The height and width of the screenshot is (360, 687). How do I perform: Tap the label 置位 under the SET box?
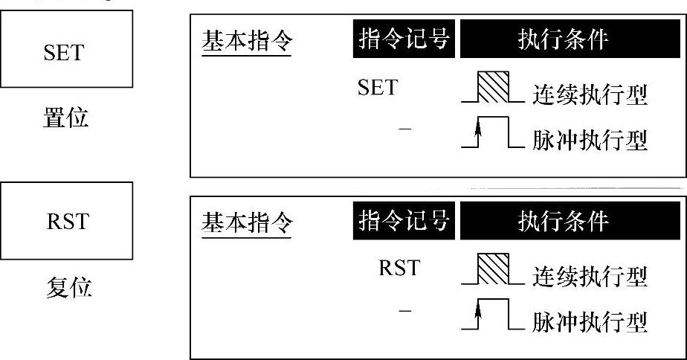(x=65, y=117)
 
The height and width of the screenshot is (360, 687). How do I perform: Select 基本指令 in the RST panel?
(x=246, y=223)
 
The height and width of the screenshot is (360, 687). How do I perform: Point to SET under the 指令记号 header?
(x=377, y=89)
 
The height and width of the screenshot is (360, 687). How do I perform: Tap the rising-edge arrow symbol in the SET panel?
(x=479, y=135)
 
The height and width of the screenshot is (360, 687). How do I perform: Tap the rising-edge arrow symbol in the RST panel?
(x=479, y=315)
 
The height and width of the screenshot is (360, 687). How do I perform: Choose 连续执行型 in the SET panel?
(x=590, y=94)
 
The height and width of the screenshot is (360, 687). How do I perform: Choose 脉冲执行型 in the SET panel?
(x=590, y=141)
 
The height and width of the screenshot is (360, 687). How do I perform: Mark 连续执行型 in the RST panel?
(x=590, y=276)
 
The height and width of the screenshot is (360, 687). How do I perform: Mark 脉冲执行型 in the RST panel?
(x=590, y=321)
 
